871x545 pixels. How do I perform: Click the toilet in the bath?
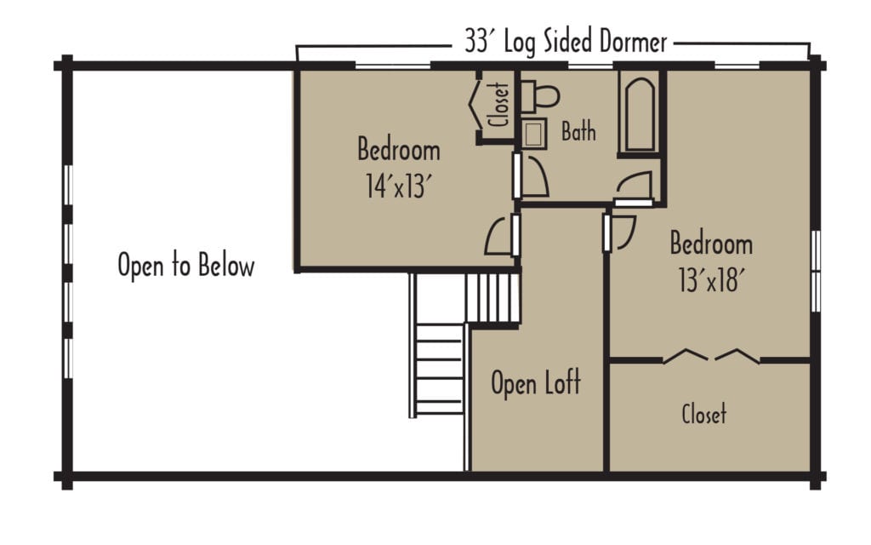(540, 96)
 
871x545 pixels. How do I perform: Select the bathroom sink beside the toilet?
(534, 135)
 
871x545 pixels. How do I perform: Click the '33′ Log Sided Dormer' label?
(566, 41)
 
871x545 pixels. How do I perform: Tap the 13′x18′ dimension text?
(711, 281)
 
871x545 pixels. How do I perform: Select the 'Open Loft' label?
(536, 383)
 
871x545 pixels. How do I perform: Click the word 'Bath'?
(578, 132)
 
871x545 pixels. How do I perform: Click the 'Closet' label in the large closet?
(704, 415)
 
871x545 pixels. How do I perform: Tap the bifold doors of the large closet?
(711, 354)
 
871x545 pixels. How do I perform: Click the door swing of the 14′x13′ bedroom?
(500, 237)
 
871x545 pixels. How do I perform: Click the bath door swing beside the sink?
(534, 178)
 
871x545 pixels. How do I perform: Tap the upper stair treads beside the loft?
(492, 297)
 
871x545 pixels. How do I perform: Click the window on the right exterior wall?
(815, 271)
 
